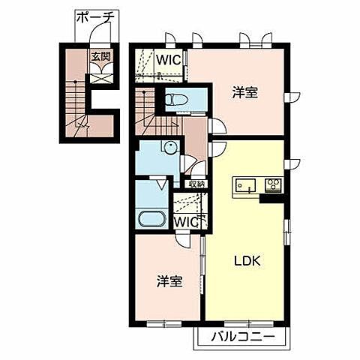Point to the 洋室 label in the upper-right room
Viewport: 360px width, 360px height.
tap(244, 93)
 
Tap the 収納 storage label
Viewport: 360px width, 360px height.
tap(196, 183)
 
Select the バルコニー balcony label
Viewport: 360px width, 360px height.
tap(241, 335)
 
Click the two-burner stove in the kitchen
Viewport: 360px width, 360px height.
tap(271, 184)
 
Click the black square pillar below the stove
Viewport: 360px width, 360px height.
tap(269, 198)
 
